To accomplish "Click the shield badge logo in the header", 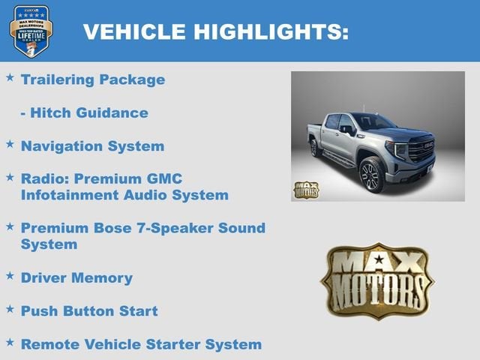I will (31, 31).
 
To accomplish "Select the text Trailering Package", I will (93, 79).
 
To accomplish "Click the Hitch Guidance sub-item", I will (84, 112).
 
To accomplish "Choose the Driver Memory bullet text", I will (76, 277).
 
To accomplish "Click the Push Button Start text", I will (89, 310).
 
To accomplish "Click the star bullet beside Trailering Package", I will (10, 77).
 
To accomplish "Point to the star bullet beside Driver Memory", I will (10, 275).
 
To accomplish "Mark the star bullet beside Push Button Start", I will (10, 308).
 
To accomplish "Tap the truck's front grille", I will (422, 149).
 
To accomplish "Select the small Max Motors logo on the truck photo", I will (305, 189).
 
